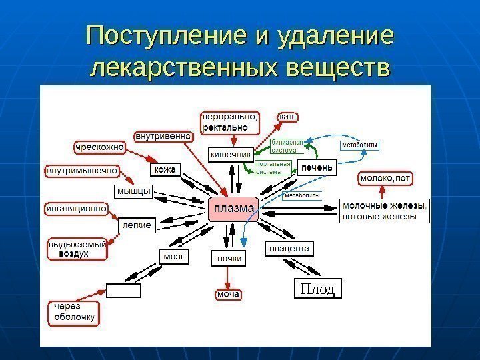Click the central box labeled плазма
click(233, 210)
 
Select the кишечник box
click(231, 154)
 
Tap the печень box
click(316, 167)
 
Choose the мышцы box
click(134, 191)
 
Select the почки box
click(228, 257)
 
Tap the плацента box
click(289, 249)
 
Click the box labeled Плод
click(317, 289)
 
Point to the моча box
click(227, 294)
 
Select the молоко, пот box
click(386, 179)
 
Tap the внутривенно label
click(164, 135)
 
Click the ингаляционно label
click(76, 208)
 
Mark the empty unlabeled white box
click(123, 290)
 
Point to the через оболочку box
click(74, 311)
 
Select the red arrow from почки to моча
click(228, 276)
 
